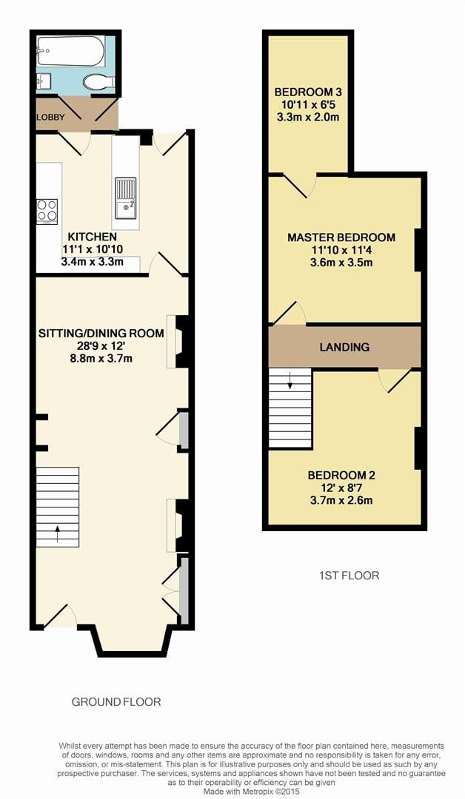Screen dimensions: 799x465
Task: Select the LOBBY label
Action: click(x=49, y=118)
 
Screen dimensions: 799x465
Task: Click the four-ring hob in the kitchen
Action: click(x=47, y=210)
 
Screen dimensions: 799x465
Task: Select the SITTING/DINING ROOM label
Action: click(x=101, y=334)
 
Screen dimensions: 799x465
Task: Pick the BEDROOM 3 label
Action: click(x=307, y=92)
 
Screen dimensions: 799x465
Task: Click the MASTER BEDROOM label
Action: click(x=341, y=237)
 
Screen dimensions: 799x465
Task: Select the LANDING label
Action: click(x=344, y=347)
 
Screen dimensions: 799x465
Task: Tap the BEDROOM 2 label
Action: click(x=341, y=475)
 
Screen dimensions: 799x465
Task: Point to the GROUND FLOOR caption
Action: click(x=116, y=701)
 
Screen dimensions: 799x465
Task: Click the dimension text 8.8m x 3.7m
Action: click(x=101, y=360)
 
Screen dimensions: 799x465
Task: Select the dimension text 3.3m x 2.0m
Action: click(x=307, y=118)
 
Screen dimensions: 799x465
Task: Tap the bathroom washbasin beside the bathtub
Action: click(x=42, y=81)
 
